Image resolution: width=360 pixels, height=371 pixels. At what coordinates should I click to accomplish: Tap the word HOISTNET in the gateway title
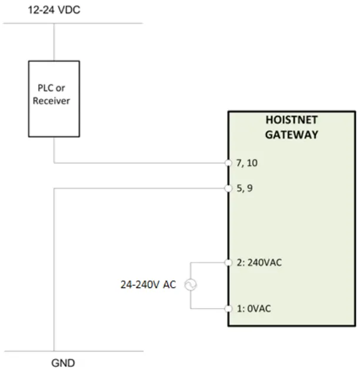[292, 121]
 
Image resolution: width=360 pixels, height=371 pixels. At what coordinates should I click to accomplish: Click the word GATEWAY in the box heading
[292, 135]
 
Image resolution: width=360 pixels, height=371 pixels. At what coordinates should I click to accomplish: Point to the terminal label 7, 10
[247, 163]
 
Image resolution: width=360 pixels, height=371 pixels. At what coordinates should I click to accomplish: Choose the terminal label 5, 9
[244, 189]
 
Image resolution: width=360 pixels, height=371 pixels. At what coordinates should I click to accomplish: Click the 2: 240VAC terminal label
[259, 262]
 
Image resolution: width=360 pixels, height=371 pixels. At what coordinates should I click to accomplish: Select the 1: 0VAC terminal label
[255, 309]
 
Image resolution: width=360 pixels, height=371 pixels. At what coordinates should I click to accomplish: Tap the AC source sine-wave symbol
[191, 285]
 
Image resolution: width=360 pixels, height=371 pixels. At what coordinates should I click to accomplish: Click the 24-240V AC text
[148, 285]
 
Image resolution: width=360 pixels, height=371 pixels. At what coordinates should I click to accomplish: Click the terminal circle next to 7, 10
[228, 163]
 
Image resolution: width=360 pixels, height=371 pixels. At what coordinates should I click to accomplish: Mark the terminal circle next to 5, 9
[228, 189]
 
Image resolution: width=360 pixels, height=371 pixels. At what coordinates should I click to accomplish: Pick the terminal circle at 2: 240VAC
[228, 262]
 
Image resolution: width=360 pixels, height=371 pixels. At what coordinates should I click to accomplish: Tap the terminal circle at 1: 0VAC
[228, 309]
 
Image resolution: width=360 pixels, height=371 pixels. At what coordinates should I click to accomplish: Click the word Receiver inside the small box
[51, 101]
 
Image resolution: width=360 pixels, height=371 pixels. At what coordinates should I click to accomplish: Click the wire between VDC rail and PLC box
[54, 42]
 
